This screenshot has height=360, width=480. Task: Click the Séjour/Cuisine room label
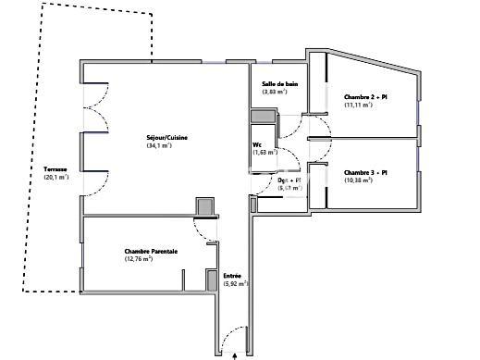point(167,138)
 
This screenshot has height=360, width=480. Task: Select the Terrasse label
point(55,169)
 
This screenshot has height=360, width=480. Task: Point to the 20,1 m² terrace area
point(56,178)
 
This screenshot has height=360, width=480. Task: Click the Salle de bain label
point(280,84)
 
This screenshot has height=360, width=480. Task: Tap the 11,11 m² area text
point(358,105)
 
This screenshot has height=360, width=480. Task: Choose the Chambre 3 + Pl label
point(364,172)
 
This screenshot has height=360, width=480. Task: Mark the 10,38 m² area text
point(359,180)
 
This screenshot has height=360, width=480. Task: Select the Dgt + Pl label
point(289,180)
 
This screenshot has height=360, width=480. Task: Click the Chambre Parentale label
point(151,250)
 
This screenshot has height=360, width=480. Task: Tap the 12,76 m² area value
point(138,259)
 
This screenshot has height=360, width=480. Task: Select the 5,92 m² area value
point(236,283)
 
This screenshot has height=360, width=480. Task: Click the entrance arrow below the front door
point(238,354)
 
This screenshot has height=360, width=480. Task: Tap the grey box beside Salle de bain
point(263,117)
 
